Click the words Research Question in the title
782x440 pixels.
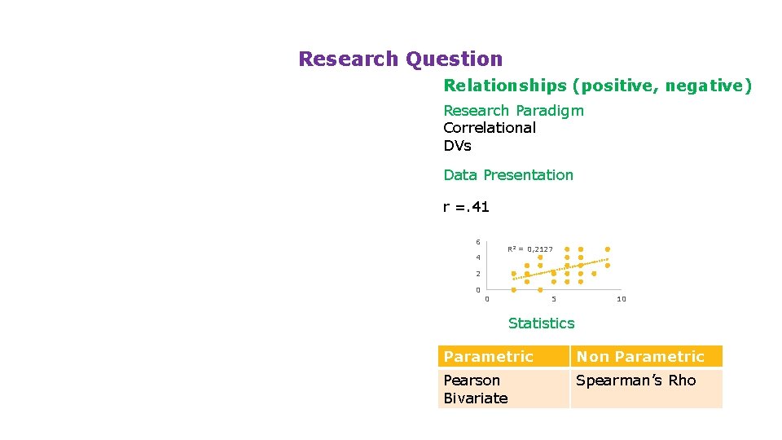[400, 59]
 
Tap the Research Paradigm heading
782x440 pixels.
[513, 111]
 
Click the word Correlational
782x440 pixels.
[490, 128]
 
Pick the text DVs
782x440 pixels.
[457, 146]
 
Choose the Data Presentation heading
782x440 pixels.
[508, 175]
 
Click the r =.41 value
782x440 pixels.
[466, 207]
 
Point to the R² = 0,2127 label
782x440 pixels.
[530, 249]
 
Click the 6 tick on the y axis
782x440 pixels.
[478, 242]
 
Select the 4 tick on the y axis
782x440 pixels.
[478, 258]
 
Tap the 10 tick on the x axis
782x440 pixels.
[622, 299]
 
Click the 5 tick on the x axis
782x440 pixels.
[554, 299]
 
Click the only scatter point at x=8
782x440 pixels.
[594, 274]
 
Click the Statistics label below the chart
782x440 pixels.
[541, 323]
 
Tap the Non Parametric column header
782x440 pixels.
[640, 357]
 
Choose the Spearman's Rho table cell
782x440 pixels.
[636, 381]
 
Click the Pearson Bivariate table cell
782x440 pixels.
[476, 389]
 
